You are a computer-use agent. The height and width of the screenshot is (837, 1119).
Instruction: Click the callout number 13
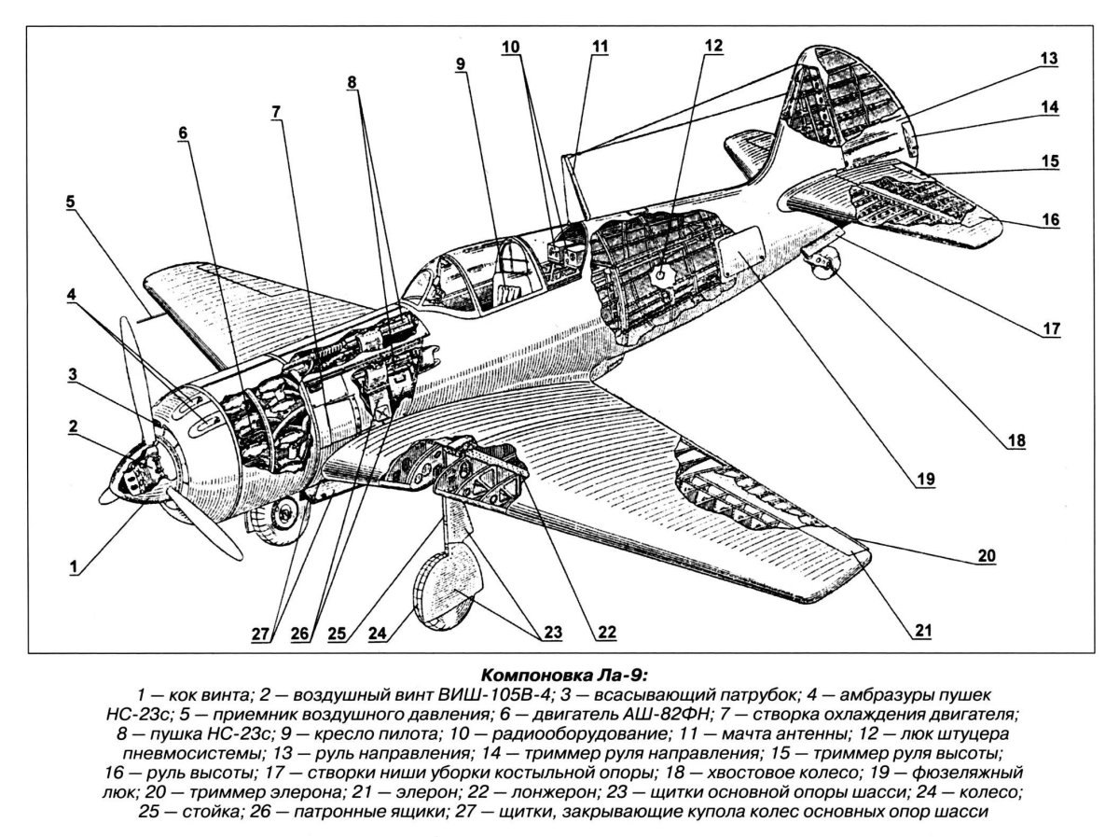pyautogui.click(x=1049, y=58)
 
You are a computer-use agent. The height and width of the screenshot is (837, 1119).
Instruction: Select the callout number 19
pyautogui.click(x=923, y=479)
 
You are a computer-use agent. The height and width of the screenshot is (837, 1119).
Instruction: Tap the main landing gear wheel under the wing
pyautogui.click(x=450, y=590)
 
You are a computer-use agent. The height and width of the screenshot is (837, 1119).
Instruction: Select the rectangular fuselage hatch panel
pyautogui.click(x=742, y=247)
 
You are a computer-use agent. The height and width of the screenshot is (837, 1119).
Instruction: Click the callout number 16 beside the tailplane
pyautogui.click(x=1050, y=220)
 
